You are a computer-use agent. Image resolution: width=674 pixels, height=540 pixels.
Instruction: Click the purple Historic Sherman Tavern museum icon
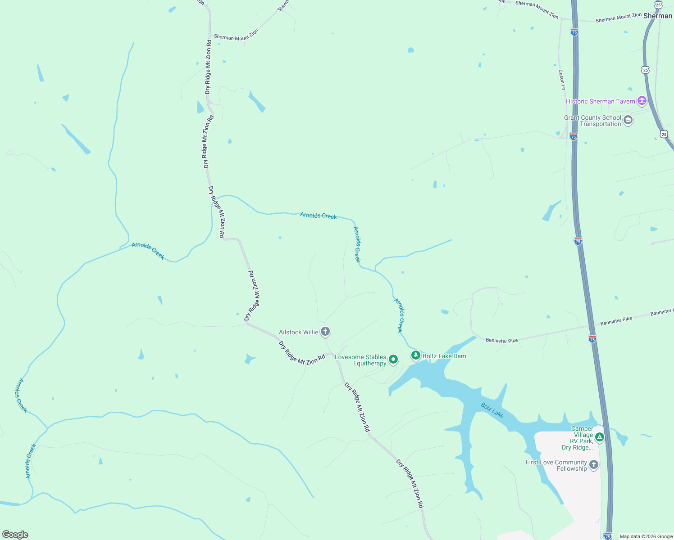[x=642, y=101]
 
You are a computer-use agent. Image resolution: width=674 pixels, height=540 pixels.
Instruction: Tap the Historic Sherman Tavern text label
[x=600, y=101]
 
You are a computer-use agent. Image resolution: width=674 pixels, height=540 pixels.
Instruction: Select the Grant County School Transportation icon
[x=628, y=120]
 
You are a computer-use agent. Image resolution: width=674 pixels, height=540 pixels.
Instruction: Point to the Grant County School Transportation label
[x=593, y=121]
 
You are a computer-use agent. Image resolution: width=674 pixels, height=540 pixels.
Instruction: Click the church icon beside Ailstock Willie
[x=325, y=332]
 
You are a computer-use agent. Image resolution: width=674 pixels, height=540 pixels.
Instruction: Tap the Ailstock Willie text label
[x=298, y=332]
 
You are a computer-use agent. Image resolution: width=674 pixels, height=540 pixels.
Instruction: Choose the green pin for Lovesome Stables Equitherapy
[x=393, y=359]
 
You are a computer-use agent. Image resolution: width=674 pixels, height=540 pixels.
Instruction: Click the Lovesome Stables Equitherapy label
[x=360, y=360]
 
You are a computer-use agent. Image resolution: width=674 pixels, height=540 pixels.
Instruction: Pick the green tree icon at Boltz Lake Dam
[x=416, y=355]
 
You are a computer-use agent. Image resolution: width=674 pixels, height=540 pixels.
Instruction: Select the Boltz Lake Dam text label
[x=444, y=356]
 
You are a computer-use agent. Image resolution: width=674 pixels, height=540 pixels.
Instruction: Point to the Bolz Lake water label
[x=492, y=410]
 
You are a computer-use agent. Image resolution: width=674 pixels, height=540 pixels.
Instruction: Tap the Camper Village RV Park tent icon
[x=599, y=436]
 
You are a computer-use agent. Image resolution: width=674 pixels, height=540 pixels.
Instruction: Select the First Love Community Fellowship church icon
[x=594, y=465]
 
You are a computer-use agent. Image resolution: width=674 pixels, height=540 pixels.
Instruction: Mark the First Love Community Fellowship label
[x=557, y=465]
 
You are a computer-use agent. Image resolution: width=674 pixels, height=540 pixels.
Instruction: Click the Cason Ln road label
[x=562, y=80]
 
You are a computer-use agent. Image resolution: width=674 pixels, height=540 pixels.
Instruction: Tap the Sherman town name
[x=657, y=16]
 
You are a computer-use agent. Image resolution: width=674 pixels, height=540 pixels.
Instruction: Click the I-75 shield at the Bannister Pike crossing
[x=592, y=338]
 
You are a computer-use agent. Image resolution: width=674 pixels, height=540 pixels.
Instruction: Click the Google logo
[x=15, y=535]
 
